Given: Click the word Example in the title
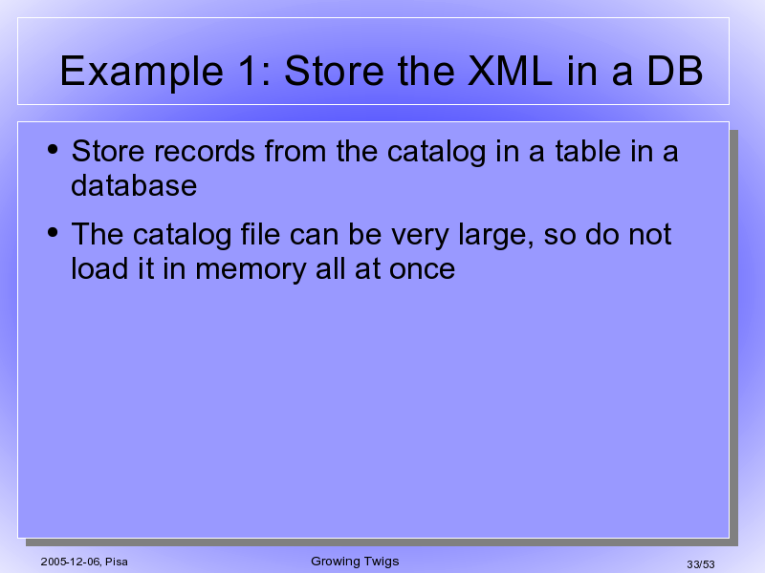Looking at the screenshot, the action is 142,73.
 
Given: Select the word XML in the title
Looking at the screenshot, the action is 510,71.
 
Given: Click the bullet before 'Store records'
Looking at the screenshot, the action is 53,149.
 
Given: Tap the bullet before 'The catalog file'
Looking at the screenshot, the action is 53,232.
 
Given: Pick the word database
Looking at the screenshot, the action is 134,185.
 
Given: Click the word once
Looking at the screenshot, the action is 422,270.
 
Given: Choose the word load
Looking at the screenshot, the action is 99,269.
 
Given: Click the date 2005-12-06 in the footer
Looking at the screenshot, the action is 70,562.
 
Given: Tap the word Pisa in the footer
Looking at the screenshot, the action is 117,562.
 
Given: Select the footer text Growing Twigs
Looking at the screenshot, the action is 355,562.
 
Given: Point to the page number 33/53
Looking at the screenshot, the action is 701,564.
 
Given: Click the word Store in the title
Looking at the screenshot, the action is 336,71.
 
